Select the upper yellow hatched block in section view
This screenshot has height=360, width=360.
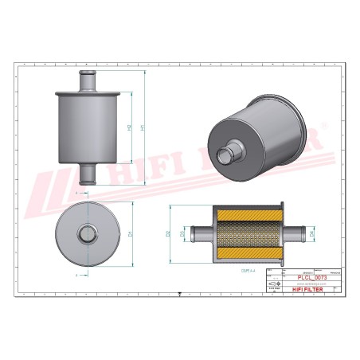tap(248, 216)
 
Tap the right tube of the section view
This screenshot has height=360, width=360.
tap(294, 234)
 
